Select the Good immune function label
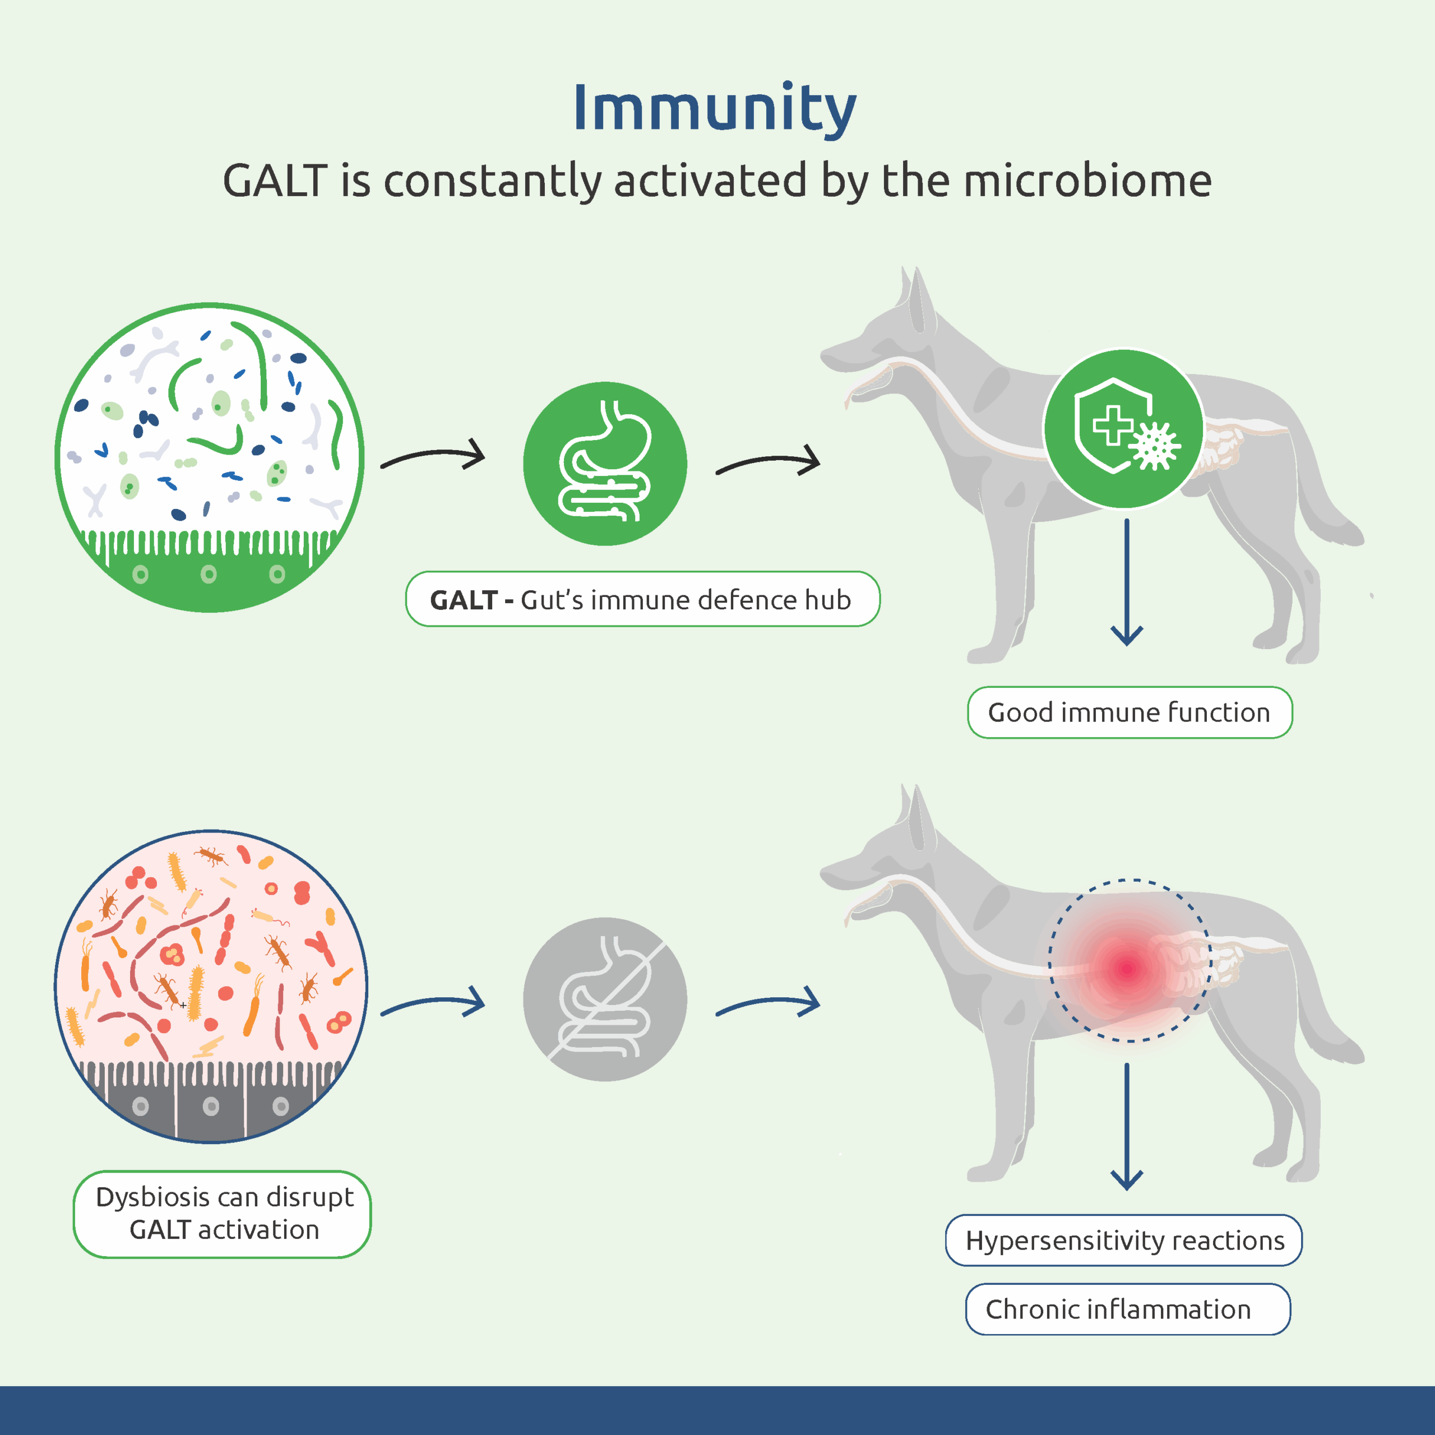point(1129,713)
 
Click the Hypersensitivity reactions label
point(1124,1241)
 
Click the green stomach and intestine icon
point(605,464)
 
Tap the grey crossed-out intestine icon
point(605,999)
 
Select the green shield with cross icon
point(1124,429)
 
